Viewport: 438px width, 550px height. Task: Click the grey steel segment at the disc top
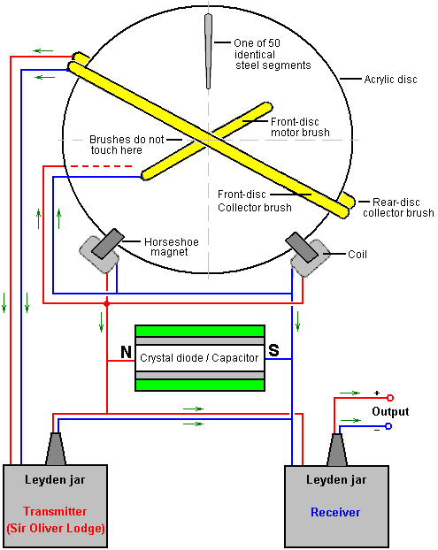(209, 51)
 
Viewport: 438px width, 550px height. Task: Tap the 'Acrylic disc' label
(390, 80)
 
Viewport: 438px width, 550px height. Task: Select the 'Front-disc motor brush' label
(301, 127)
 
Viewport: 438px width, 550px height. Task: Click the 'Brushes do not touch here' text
(127, 144)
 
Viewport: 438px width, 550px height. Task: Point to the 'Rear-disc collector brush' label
(398, 208)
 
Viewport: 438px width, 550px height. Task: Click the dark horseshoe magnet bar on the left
(108, 244)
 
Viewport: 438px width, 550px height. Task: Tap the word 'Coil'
(357, 255)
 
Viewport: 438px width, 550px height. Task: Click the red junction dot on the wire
(107, 303)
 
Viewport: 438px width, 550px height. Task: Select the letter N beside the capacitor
(126, 352)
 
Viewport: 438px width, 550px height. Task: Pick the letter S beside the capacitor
(273, 350)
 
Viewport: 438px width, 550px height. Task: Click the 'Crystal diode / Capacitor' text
(199, 358)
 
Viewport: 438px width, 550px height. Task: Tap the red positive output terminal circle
(390, 398)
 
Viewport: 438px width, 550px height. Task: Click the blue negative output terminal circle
(388, 426)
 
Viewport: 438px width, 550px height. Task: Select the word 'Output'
(390, 411)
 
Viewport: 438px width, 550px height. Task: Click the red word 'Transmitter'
(55, 511)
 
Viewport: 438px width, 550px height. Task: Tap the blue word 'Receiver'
(335, 513)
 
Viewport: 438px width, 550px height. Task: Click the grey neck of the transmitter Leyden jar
(56, 448)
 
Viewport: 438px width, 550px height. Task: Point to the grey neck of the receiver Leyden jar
(337, 450)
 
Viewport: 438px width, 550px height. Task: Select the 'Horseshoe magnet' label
(172, 247)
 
